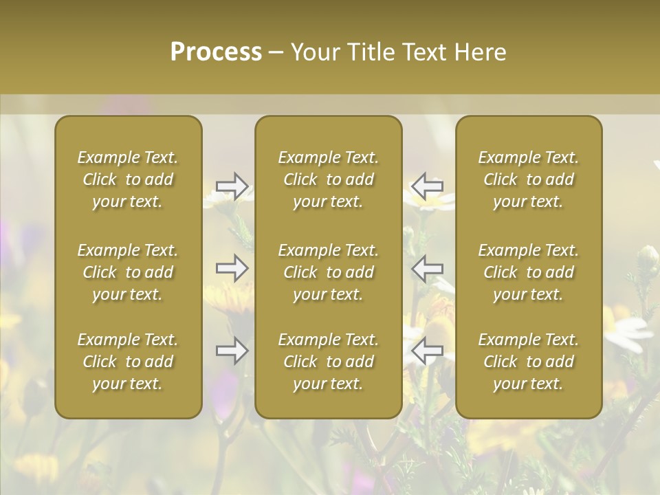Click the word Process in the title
tap(216, 52)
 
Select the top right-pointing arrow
tap(232, 186)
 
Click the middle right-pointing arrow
tap(232, 268)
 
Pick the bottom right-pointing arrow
tap(232, 351)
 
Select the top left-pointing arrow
tap(427, 186)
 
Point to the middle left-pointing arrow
tap(427, 268)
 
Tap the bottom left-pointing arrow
tap(427, 351)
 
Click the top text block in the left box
tap(128, 179)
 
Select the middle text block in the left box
tap(128, 272)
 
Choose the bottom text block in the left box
tap(128, 362)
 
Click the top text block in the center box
tap(329, 179)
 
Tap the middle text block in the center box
tap(329, 272)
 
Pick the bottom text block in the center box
tap(329, 362)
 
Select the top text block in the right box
tap(529, 179)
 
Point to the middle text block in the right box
tap(529, 272)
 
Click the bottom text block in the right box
tap(529, 362)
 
